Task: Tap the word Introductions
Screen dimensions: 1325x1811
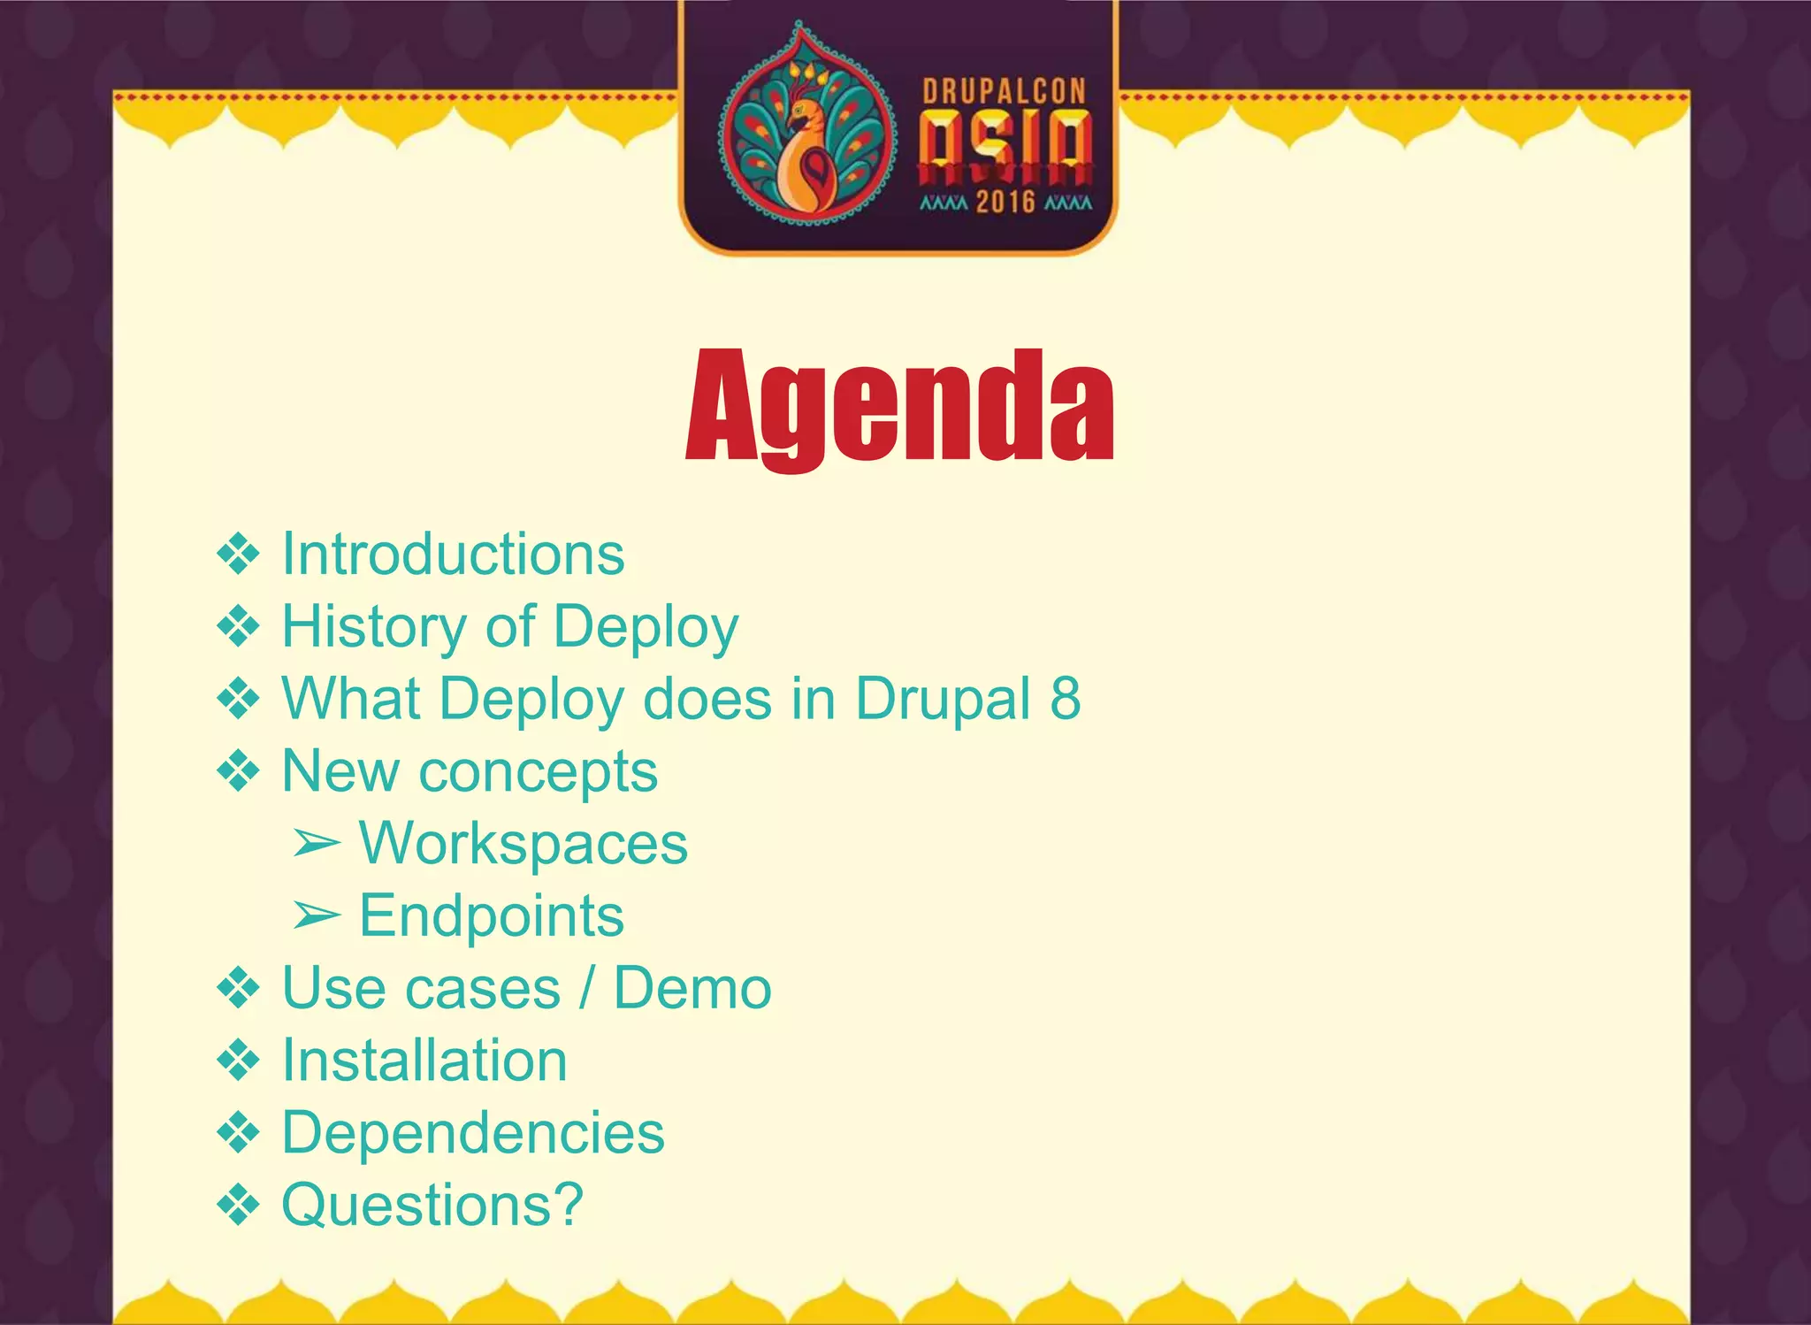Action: point(453,555)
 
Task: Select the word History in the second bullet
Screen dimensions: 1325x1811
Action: point(373,627)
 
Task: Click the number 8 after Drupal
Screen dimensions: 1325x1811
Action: point(1066,699)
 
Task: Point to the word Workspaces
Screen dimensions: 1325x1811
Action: point(523,843)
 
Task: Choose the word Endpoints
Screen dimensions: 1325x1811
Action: point(492,915)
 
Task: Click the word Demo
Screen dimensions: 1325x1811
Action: point(692,988)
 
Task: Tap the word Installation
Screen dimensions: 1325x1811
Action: point(424,1061)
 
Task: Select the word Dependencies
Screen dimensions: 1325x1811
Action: point(473,1133)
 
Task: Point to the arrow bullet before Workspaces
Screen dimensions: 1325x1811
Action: point(316,845)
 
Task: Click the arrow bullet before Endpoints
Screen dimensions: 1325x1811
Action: point(316,917)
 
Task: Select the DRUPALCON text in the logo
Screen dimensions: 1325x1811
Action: point(1004,91)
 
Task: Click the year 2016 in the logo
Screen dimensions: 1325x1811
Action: point(1005,203)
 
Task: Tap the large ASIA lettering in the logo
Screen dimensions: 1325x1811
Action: point(1005,142)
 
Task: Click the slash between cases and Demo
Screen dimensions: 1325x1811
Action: point(586,988)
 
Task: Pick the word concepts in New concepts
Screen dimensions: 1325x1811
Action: point(538,772)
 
